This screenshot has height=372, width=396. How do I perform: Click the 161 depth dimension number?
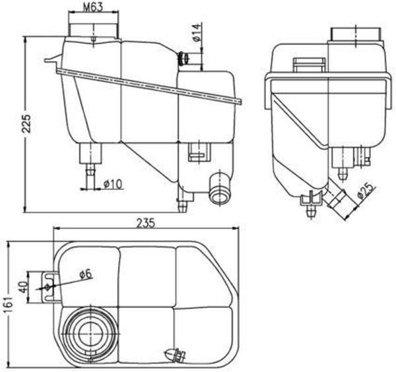pyautogui.click(x=7, y=305)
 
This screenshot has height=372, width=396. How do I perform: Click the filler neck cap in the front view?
pyautogui.click(x=95, y=26)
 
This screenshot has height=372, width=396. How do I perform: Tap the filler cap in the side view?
pyautogui.click(x=356, y=34)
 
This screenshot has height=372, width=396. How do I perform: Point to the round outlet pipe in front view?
pyautogui.click(x=217, y=190)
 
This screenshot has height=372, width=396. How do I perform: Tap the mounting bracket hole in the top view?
pyautogui.click(x=46, y=288)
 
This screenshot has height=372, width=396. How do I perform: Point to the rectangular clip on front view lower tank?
pyautogui.click(x=196, y=153)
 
